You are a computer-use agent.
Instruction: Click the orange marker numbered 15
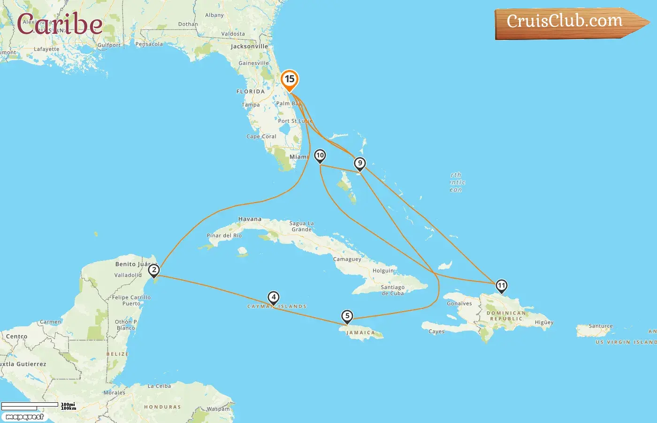click(290, 79)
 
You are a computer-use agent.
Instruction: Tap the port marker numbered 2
click(154, 270)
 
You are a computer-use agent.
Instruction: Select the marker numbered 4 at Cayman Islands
click(274, 298)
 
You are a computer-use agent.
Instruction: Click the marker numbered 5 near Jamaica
click(347, 316)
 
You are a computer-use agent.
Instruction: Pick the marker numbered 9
click(360, 163)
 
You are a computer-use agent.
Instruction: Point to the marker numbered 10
click(320, 155)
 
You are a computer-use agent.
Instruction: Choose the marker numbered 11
click(502, 285)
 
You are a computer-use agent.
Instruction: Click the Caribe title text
click(60, 24)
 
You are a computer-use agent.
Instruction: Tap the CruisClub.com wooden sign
click(568, 23)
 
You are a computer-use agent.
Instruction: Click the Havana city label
click(250, 219)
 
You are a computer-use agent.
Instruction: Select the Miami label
click(299, 157)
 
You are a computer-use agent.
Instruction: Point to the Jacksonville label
click(249, 47)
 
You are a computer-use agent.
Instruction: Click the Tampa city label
click(251, 105)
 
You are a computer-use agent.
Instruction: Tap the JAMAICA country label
click(360, 333)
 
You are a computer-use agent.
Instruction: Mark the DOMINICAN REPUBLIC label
click(506, 316)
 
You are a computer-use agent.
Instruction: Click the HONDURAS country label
click(162, 407)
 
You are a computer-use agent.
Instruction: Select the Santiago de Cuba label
click(393, 290)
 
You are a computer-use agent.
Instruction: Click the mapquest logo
click(24, 417)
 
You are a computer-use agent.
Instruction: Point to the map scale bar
click(30, 406)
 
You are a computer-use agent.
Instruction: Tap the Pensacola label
click(149, 44)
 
